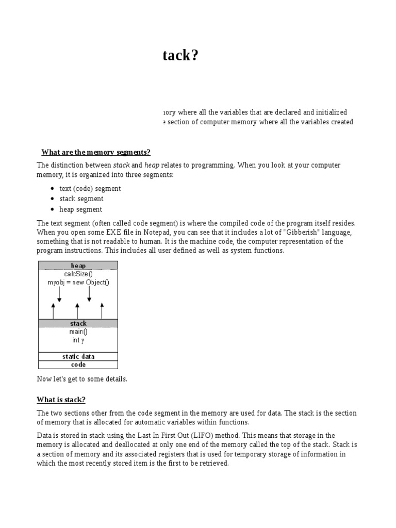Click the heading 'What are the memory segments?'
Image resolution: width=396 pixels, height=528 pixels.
tap(95, 152)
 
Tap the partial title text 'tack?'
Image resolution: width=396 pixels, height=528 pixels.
tap(180, 56)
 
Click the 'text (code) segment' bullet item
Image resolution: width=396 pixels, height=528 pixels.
tap(90, 189)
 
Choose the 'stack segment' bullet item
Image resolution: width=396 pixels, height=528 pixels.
tap(81, 199)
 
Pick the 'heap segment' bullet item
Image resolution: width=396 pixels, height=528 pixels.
tap(80, 209)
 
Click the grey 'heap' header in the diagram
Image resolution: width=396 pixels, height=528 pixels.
tap(78, 266)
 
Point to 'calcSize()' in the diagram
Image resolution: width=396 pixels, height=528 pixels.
tap(78, 274)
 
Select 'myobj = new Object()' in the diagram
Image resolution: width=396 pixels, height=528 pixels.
tap(78, 283)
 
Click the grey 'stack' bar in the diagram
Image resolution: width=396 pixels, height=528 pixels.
tap(78, 323)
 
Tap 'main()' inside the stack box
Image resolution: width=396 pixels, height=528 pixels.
tap(78, 332)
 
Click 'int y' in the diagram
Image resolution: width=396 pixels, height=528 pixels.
tap(78, 340)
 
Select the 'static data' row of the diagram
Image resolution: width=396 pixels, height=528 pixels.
tap(78, 356)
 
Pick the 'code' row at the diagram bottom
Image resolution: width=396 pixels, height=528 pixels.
tap(78, 365)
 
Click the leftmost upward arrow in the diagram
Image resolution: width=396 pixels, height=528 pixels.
tap(53, 311)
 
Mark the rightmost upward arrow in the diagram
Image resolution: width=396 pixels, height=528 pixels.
tap(102, 311)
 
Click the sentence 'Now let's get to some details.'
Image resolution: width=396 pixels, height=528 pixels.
tap(81, 379)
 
